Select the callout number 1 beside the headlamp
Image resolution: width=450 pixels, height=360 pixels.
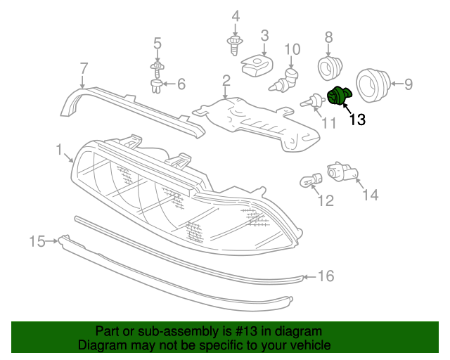click(x=60, y=149)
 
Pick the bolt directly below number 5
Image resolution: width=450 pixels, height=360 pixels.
click(x=157, y=68)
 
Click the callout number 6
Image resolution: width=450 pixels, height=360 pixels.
click(x=181, y=85)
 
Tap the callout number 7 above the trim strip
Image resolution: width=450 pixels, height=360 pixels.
click(x=84, y=68)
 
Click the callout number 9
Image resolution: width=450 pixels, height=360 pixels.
click(x=408, y=85)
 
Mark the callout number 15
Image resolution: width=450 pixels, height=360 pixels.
click(x=37, y=242)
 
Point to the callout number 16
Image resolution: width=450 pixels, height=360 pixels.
click(x=326, y=276)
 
